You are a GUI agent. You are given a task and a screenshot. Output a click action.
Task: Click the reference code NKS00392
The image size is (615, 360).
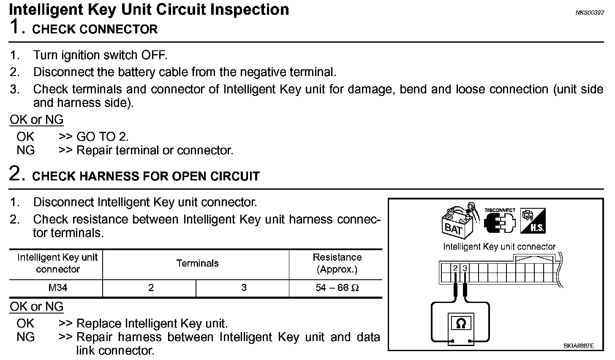(x=590, y=13)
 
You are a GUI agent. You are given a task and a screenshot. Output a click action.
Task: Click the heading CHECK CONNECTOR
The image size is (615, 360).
(x=95, y=30)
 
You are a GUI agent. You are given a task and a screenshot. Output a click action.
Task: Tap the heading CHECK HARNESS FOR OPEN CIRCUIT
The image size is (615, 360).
(x=146, y=176)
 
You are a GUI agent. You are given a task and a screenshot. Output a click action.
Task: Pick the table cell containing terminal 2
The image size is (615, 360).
(x=151, y=288)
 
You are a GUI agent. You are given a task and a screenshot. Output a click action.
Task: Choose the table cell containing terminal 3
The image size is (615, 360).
(x=244, y=288)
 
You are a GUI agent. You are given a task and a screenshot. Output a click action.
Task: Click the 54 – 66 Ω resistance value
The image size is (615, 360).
(x=337, y=288)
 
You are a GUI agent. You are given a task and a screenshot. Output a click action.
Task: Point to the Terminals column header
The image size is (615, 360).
(x=197, y=264)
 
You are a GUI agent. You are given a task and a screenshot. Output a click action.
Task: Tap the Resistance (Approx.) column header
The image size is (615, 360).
(x=337, y=263)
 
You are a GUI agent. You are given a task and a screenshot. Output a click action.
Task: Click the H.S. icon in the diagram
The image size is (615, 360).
(x=533, y=221)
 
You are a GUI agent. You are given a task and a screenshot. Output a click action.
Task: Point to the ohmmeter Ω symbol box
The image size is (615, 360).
(x=461, y=324)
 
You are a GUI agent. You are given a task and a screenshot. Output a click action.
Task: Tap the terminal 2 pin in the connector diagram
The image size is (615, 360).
(x=455, y=268)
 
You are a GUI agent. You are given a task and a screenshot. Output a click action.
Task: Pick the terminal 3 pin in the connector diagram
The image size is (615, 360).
(x=465, y=268)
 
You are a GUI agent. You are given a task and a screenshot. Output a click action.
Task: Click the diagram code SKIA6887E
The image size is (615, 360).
(x=578, y=346)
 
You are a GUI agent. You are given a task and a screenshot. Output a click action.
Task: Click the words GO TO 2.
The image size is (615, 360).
(x=102, y=136)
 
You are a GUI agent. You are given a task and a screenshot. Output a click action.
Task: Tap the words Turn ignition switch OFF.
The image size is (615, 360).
(x=101, y=55)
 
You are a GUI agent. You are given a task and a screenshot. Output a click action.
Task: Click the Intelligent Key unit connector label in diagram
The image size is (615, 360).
(x=499, y=247)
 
